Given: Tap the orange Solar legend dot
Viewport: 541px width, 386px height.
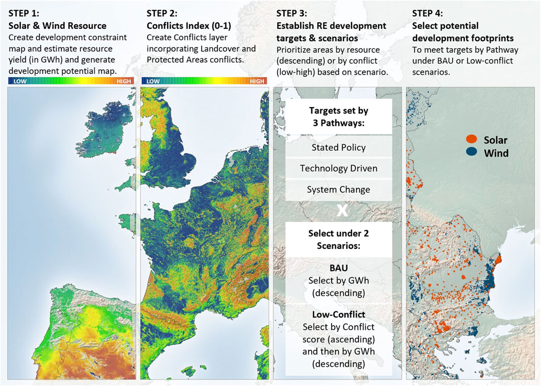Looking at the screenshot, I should click(472, 140).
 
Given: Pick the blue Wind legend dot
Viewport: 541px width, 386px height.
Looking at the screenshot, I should click(472, 153).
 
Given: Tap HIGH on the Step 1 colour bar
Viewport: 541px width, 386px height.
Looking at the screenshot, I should click(123, 81).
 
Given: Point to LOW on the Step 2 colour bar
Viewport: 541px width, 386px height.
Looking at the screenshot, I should click(153, 81).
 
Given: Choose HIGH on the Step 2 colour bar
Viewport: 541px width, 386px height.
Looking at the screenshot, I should click(257, 81).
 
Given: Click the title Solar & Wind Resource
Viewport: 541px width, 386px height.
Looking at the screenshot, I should click(57, 25).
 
